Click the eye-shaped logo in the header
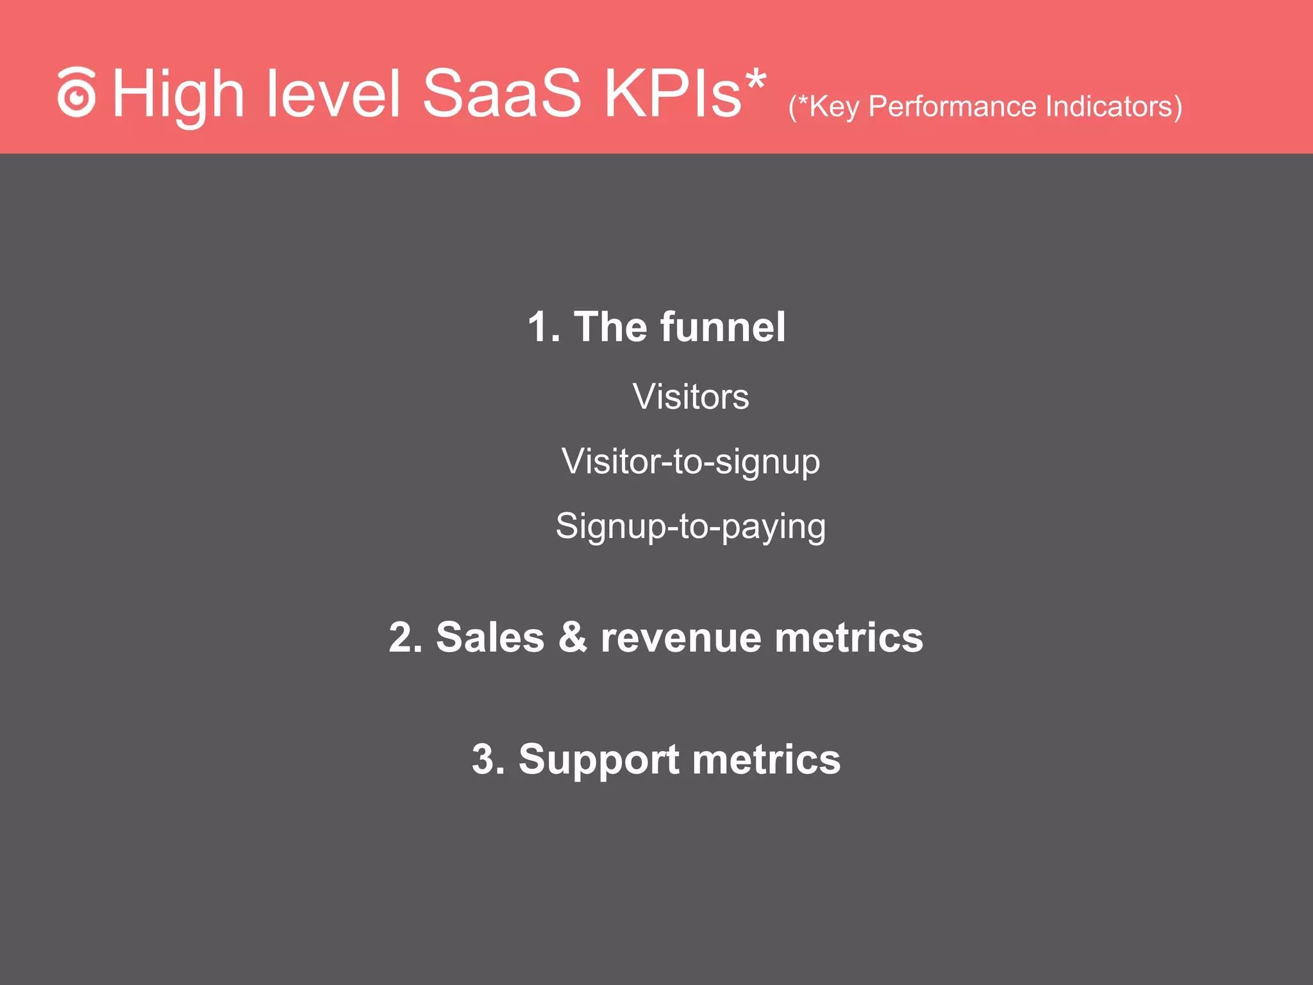(x=76, y=94)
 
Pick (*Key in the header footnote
(x=824, y=106)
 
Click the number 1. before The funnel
(x=544, y=327)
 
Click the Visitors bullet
(x=690, y=396)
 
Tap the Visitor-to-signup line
(x=690, y=462)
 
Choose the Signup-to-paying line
(x=690, y=526)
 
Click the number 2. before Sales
(x=406, y=637)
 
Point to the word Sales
(x=490, y=637)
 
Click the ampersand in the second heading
(x=573, y=637)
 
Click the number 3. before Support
(x=489, y=759)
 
